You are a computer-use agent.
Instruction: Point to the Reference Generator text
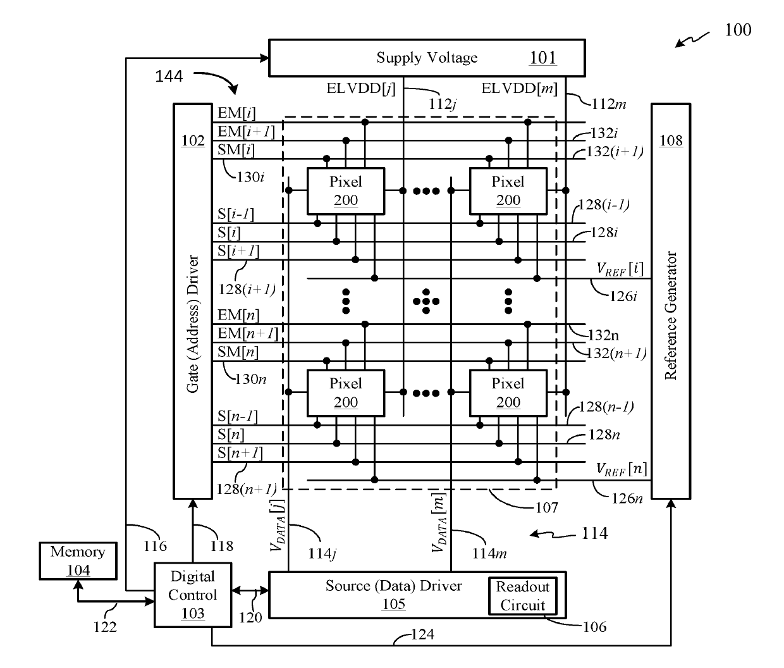[671, 316]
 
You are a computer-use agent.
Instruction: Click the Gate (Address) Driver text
[193, 324]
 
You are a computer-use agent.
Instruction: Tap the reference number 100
[738, 30]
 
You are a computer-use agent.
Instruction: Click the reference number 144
[169, 77]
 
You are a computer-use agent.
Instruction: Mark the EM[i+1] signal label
[246, 132]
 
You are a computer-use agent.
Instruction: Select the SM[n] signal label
[238, 352]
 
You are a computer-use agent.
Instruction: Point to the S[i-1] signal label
[236, 214]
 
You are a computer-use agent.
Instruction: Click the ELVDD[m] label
[519, 89]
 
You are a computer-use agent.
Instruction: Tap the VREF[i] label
[620, 269]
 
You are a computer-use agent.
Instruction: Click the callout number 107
[546, 508]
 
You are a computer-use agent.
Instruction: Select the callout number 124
[422, 634]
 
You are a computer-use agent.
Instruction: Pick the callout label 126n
[627, 498]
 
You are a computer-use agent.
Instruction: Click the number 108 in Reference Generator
[671, 141]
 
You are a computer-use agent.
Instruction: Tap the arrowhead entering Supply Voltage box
[264, 58]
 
